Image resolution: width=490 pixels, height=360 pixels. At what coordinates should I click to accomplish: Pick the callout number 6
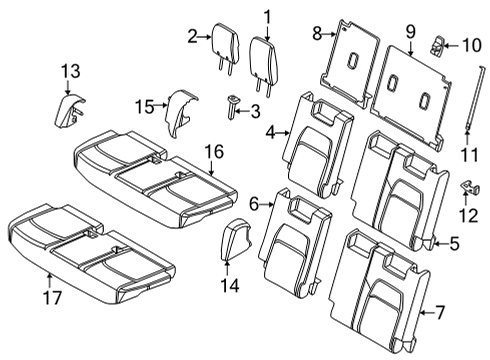pos(253,204)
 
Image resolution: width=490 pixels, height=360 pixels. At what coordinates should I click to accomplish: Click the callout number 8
pos(317,33)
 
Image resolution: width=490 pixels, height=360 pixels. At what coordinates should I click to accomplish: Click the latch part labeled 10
pos(439,44)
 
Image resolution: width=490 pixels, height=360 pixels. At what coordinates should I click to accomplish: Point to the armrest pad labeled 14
pos(233,242)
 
